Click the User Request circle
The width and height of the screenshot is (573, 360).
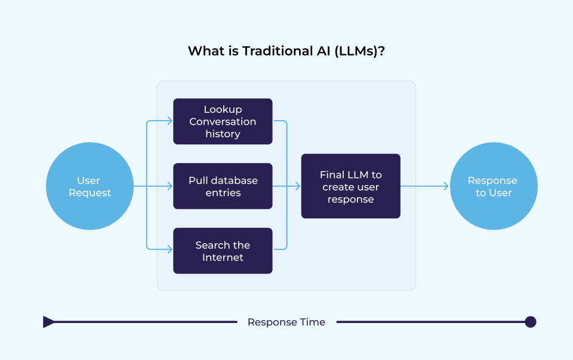coord(90,186)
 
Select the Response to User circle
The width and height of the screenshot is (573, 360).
coord(493,186)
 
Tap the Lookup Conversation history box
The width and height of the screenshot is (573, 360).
coord(223,122)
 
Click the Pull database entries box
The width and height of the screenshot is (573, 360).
coord(223,186)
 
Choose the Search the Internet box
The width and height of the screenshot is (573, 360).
coord(223,251)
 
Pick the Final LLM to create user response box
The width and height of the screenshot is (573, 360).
coord(350,186)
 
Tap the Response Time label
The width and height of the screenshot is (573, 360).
coord(286,322)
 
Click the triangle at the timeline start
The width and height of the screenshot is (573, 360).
coord(48,322)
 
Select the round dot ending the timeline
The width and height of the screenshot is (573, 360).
coord(530,322)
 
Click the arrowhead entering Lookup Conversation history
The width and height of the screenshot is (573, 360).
coord(170,122)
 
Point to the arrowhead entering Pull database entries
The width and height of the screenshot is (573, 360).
coord(170,186)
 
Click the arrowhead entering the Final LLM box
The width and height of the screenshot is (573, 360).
coord(297,186)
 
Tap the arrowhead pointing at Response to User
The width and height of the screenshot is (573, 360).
coord(445,186)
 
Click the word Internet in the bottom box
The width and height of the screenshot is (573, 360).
coord(223,258)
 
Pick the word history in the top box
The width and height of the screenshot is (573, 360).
coord(223,134)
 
